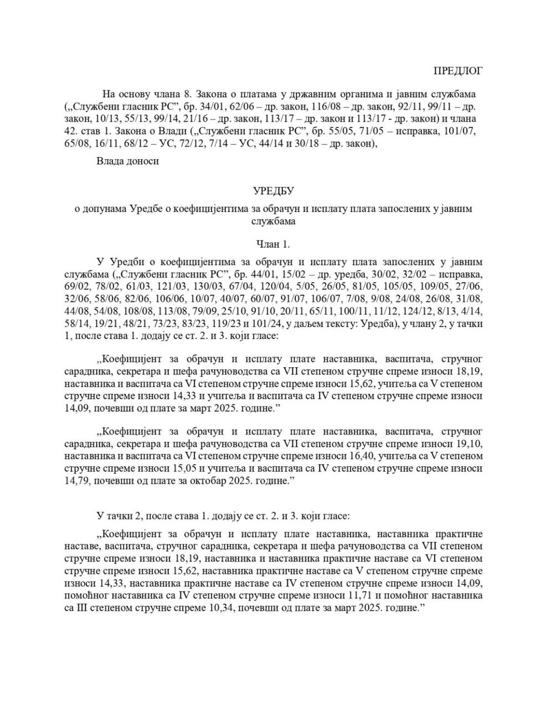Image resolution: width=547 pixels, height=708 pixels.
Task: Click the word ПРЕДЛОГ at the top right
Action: point(458,70)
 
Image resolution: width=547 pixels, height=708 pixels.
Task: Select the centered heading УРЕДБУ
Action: point(273,190)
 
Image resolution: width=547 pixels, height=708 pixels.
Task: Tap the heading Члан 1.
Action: point(273,244)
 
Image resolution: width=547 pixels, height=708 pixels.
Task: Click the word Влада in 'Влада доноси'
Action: point(109,161)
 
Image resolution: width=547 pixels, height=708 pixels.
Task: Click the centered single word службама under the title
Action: point(273,221)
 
